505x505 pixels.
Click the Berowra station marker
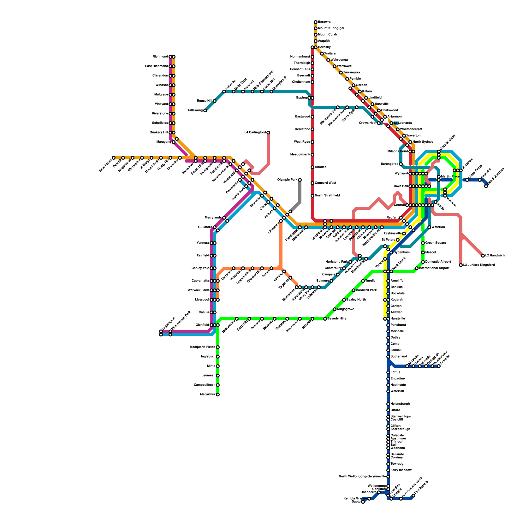point(316,22)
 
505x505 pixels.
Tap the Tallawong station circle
point(205,110)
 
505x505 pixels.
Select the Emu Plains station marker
point(114,158)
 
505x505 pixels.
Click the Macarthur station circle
point(218,395)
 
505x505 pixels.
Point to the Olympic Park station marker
point(300,180)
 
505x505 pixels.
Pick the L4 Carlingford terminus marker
point(268,133)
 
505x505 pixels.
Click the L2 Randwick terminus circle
point(483,256)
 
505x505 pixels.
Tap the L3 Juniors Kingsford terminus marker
point(461,265)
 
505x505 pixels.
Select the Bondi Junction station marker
point(486,186)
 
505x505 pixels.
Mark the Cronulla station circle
point(439,366)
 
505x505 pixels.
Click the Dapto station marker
point(363,502)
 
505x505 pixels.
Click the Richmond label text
point(160,57)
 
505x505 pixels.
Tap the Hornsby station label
point(324,47)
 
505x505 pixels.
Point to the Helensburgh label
point(400,404)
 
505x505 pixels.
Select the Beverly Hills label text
point(337,319)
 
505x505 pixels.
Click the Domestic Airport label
point(438,262)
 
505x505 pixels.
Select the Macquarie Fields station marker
point(218,347)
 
